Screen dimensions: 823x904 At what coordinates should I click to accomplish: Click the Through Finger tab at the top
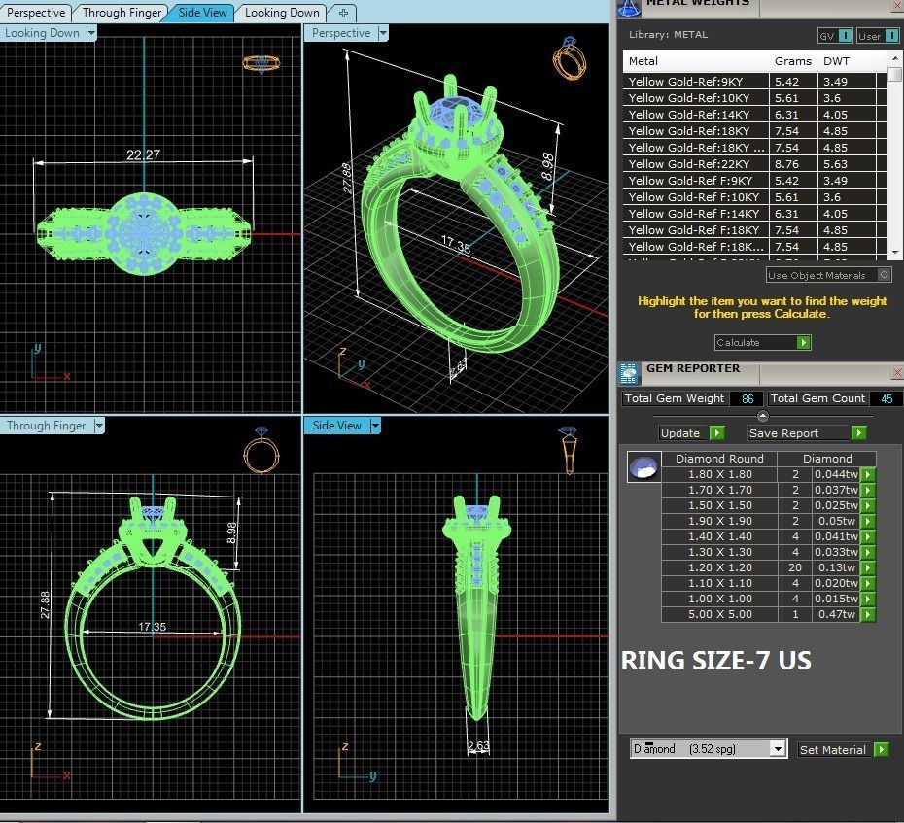[x=122, y=13]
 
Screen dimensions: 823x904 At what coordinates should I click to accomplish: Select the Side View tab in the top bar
[x=202, y=13]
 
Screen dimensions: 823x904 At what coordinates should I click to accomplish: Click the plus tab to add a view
[x=343, y=13]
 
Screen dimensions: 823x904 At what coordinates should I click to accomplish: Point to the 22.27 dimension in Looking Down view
[x=143, y=154]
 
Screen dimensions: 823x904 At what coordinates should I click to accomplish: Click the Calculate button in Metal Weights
[x=762, y=342]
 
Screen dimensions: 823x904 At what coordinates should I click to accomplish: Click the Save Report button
[x=806, y=433]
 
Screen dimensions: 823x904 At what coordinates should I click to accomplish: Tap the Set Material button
[x=842, y=749]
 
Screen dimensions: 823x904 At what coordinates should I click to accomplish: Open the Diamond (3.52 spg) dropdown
[x=708, y=749]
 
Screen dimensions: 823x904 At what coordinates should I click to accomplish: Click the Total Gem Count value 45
[x=885, y=398]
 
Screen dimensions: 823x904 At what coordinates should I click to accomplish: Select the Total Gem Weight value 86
[x=747, y=398]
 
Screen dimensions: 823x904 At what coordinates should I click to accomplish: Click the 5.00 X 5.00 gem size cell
[x=719, y=614]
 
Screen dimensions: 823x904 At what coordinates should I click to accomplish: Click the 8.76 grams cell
[x=787, y=164]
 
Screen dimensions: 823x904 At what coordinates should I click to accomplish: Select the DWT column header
[x=836, y=61]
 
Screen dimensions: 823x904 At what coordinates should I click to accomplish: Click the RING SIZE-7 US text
[x=715, y=661]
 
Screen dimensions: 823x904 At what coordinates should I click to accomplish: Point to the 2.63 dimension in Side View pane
[x=478, y=746]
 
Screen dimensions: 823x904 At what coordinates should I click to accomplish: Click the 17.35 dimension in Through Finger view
[x=152, y=627]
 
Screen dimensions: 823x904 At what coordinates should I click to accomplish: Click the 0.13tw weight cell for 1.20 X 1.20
[x=835, y=567]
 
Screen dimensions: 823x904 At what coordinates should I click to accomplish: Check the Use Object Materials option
[x=884, y=275]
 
